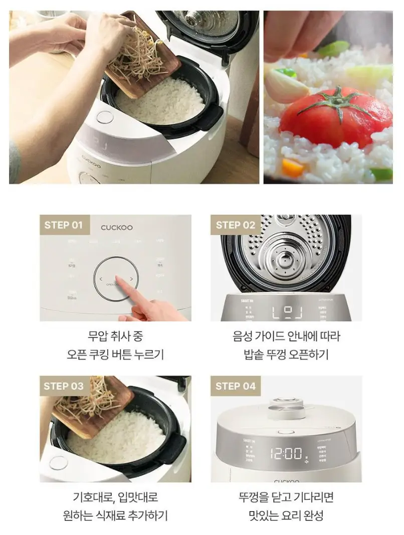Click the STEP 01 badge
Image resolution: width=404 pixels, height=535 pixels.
coord(64,225)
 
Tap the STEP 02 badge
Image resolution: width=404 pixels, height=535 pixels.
coord(235,225)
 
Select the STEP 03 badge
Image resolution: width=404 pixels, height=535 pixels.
coord(64,386)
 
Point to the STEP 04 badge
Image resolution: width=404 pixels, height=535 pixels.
coord(235,386)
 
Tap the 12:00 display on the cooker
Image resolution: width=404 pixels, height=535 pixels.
coord(286,454)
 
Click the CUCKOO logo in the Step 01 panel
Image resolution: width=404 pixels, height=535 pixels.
coord(117,227)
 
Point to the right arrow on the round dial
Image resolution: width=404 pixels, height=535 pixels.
coord(132,279)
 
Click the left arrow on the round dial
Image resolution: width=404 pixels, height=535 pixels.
coord(100,279)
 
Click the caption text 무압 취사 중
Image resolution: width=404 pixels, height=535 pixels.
coord(115,336)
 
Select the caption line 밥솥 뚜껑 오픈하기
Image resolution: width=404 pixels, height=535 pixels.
coord(286,355)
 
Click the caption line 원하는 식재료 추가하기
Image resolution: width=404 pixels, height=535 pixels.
coord(115,515)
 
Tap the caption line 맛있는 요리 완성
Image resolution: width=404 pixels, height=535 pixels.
coord(286,515)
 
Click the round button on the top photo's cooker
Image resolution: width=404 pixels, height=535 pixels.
coord(104,118)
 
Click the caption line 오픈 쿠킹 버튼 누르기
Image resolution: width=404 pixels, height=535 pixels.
coord(115,355)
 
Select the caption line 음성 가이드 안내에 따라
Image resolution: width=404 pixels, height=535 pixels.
coord(286,336)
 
